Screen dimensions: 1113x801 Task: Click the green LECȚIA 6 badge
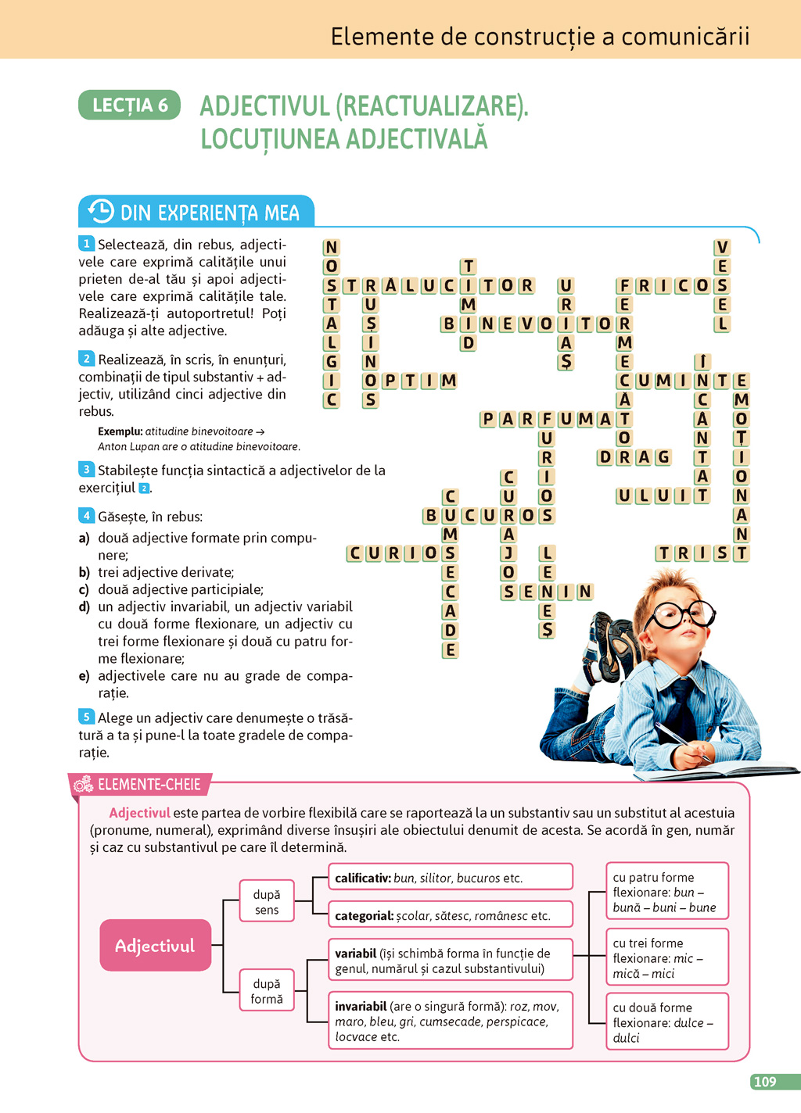[x=129, y=105]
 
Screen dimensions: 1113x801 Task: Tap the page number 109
[x=764, y=1082]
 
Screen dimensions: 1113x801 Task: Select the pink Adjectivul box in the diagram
[x=156, y=946]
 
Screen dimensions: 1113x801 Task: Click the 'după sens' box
[x=267, y=902]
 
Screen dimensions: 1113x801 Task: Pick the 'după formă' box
[x=267, y=991]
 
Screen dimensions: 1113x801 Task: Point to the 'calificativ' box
[x=450, y=878]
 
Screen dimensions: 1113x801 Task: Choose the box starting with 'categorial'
[x=450, y=915]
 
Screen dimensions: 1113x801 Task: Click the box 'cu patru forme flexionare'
[x=667, y=892]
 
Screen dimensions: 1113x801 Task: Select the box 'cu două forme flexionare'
[x=667, y=1022]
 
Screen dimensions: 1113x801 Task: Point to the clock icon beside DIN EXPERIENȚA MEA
[x=101, y=211]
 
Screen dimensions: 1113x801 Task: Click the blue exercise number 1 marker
[x=86, y=244]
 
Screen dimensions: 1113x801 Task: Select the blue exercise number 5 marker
[x=86, y=717]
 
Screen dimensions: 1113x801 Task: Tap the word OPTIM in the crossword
[x=409, y=381]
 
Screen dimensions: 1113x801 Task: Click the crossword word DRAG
[x=634, y=457]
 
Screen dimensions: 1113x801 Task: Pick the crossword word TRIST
[x=702, y=553]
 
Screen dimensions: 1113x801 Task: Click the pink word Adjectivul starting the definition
[x=139, y=813]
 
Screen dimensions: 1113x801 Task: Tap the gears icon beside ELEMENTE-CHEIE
[x=83, y=784]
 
